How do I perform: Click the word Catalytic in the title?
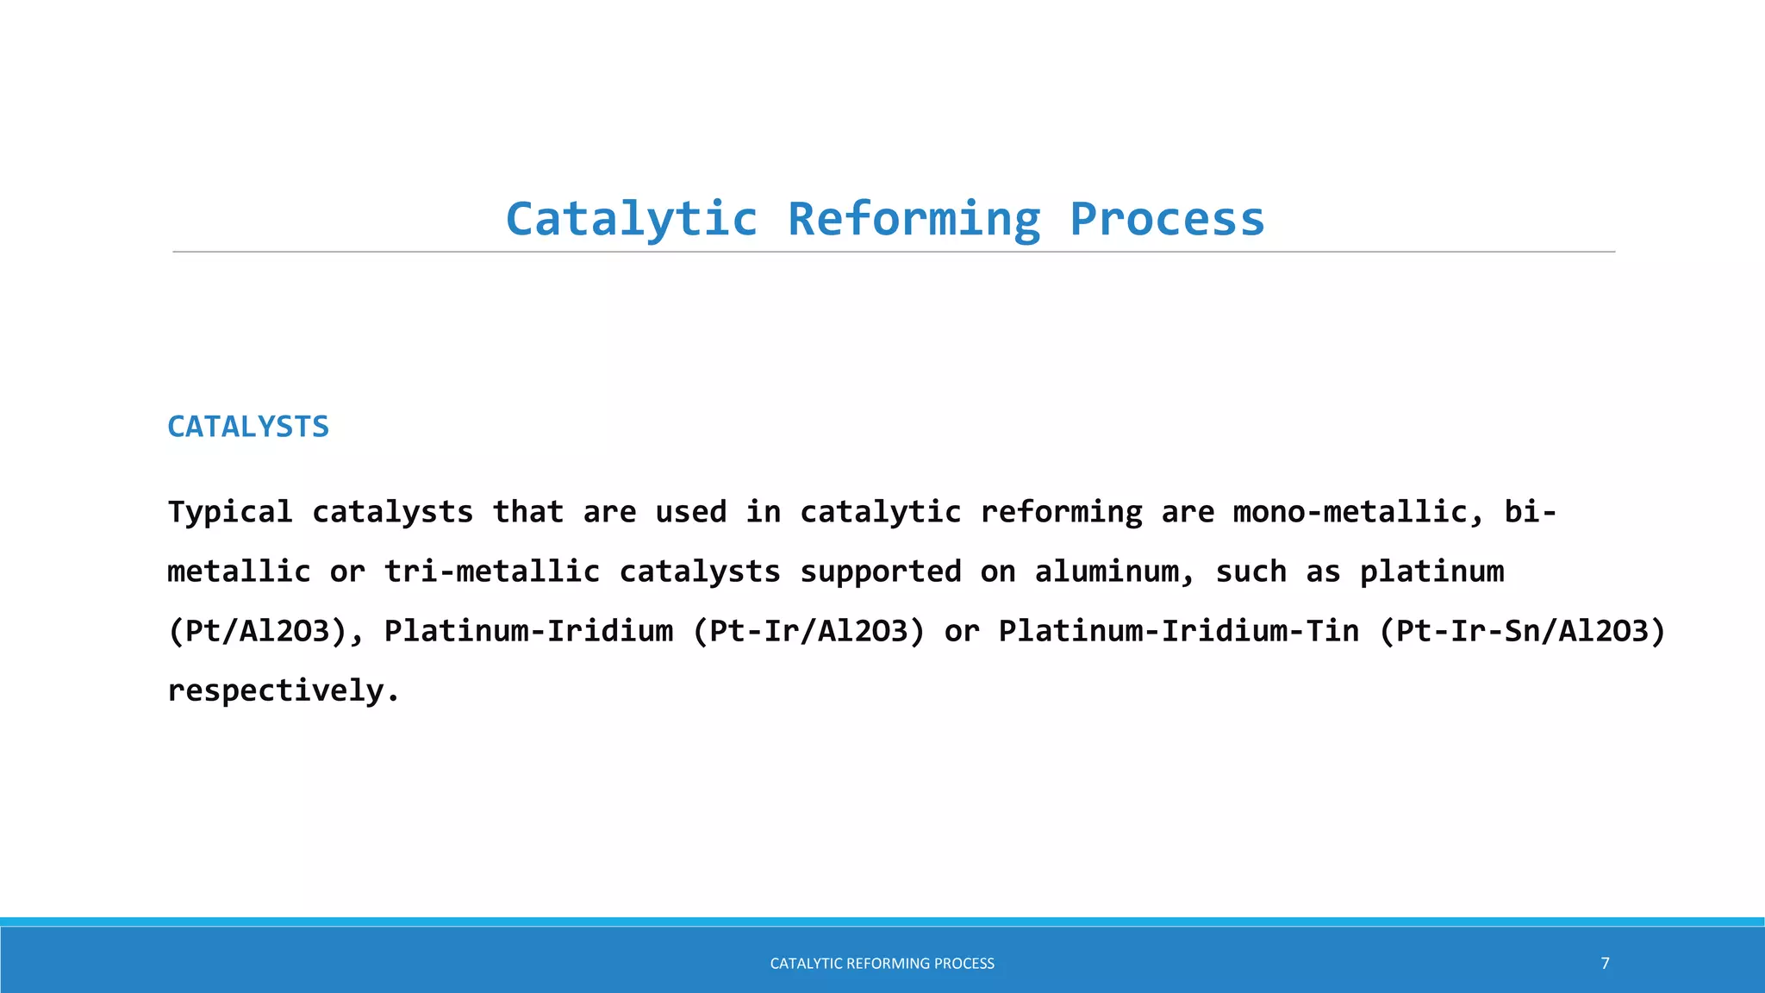(631, 219)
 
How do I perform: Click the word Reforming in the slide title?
(914, 219)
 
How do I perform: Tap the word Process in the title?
(1167, 219)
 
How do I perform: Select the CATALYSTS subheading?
(248, 427)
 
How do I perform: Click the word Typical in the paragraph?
(230, 512)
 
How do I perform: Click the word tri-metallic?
(492, 571)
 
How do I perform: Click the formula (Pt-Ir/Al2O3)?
(809, 631)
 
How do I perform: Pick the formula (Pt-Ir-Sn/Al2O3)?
(1523, 631)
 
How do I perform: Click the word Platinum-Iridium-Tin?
(1179, 631)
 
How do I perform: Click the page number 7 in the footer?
(1605, 963)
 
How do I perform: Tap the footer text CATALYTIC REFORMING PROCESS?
(882, 963)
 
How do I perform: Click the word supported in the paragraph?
(881, 571)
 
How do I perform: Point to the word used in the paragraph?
(691, 512)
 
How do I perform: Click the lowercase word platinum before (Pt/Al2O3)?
(1432, 571)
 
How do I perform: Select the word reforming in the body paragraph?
(1062, 512)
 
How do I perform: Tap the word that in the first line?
(528, 512)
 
